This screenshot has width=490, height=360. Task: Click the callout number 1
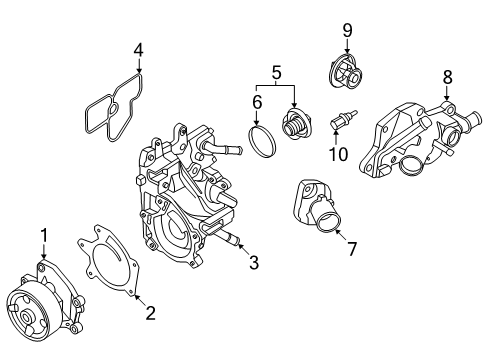point(44,235)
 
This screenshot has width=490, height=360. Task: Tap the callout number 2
point(150,313)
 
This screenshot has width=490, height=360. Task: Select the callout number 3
point(254,262)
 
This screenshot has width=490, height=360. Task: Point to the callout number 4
point(139,50)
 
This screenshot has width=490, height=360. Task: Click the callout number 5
point(277,73)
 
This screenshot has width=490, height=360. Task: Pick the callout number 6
point(257,102)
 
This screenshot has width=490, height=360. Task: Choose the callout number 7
point(352,249)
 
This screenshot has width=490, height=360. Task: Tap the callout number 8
point(448,77)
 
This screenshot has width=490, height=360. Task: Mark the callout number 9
point(347,30)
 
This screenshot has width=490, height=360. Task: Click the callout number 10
point(338,154)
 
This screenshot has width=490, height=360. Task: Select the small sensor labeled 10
point(343,120)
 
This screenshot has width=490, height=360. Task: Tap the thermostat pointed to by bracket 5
point(296,124)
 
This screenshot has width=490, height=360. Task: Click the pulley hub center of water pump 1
point(25,315)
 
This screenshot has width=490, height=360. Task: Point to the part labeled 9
point(346,72)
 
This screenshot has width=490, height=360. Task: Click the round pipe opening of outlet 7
point(327,222)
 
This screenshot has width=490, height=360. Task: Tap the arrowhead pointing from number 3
point(240,246)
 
